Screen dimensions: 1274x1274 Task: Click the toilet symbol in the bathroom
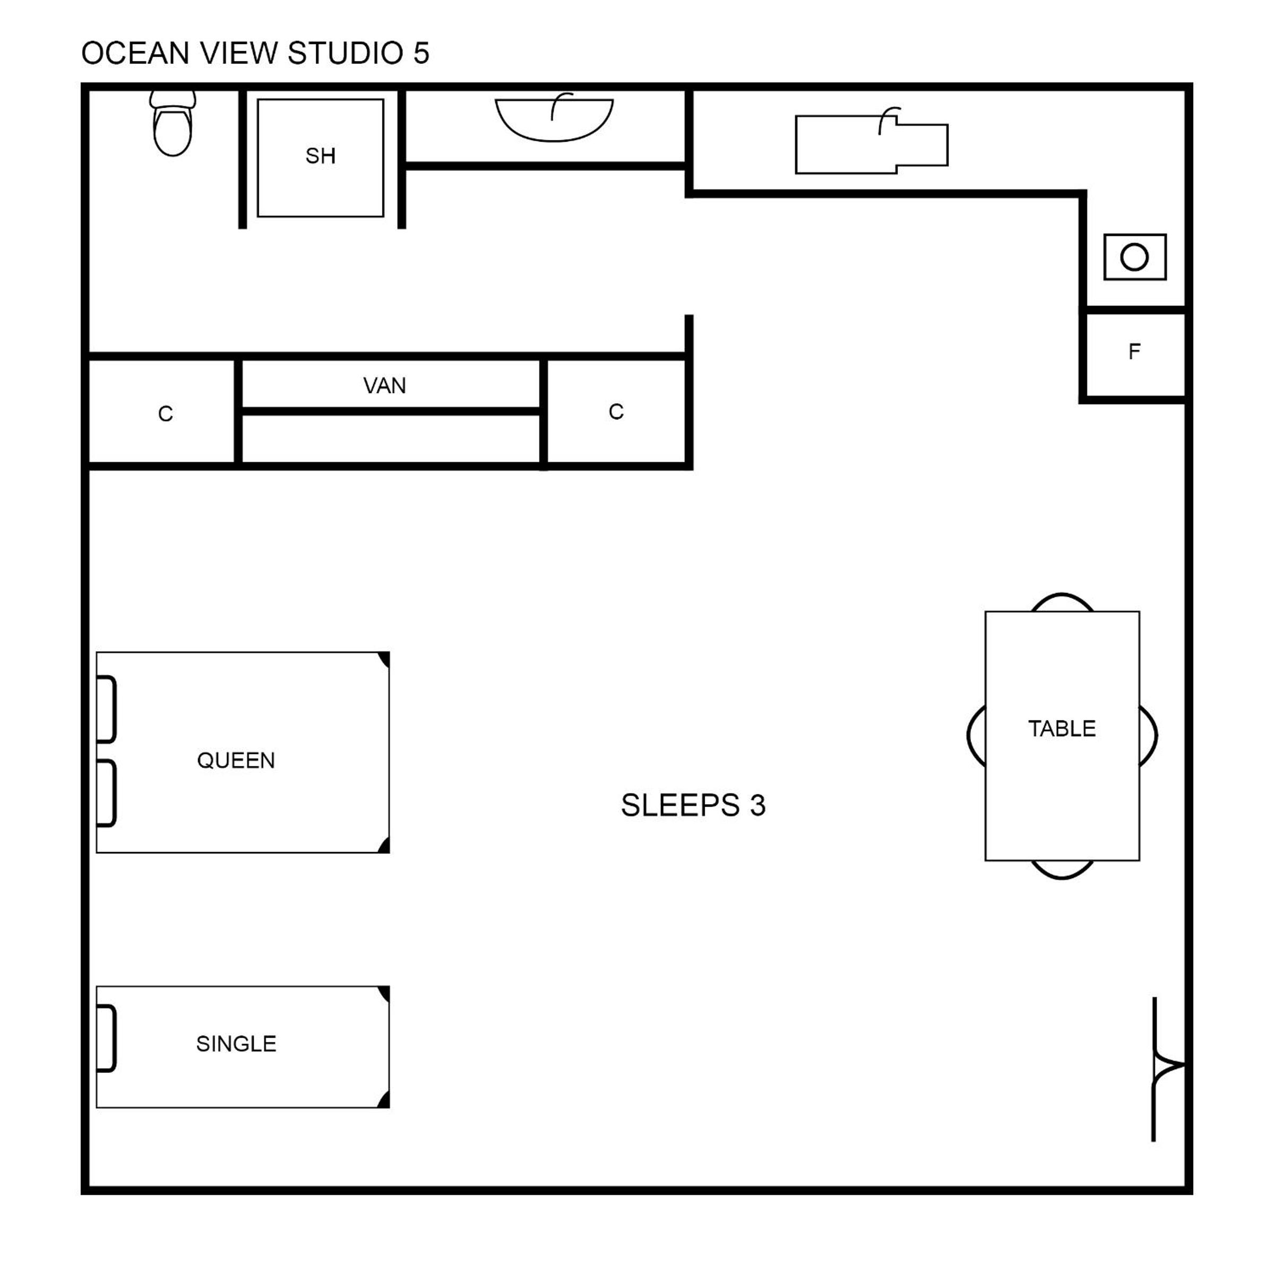pos(173,123)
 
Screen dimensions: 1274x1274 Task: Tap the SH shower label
pos(321,156)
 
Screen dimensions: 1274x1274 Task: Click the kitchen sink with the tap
pos(871,142)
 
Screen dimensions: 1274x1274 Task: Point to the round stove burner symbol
pos(1134,257)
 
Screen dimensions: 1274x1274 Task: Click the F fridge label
pos(1134,351)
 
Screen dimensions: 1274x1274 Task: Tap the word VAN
pos(384,385)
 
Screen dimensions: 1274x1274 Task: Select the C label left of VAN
pos(166,414)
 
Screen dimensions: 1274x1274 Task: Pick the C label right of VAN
pos(616,411)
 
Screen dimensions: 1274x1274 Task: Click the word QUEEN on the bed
pos(236,760)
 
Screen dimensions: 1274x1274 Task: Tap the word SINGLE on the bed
pos(236,1043)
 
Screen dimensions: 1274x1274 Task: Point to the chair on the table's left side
pos(969,735)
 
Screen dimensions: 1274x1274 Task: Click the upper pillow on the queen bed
pos(107,710)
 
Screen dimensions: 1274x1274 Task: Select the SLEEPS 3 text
pos(693,805)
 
